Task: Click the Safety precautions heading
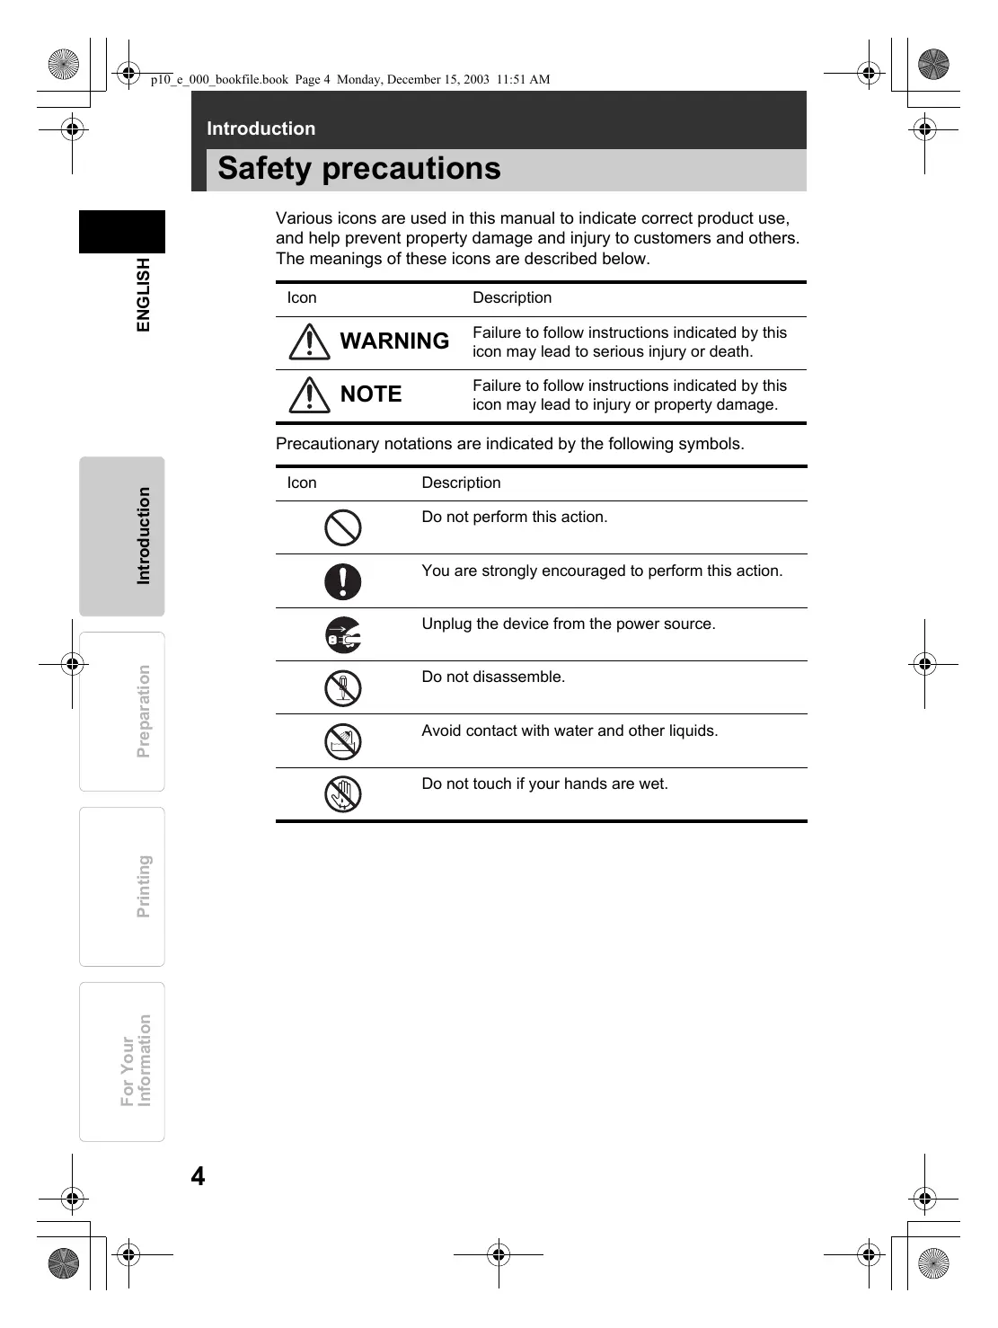point(358,169)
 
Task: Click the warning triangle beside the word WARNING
point(309,341)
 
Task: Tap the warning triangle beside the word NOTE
point(309,394)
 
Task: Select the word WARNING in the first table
point(394,341)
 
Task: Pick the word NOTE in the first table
point(371,394)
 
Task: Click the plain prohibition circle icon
point(342,527)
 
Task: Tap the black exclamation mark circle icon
point(342,581)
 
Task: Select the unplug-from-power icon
point(342,635)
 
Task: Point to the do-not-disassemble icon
point(342,688)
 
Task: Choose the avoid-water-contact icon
point(342,741)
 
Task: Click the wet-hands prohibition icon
point(342,794)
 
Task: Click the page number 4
point(198,1176)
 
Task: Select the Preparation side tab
point(123,712)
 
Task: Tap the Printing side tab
point(123,887)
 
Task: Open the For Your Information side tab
point(123,1061)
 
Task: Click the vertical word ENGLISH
point(144,295)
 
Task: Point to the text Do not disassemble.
point(493,677)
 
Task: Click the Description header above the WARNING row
point(512,298)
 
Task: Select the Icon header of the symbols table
point(302,483)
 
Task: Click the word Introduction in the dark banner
point(261,128)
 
